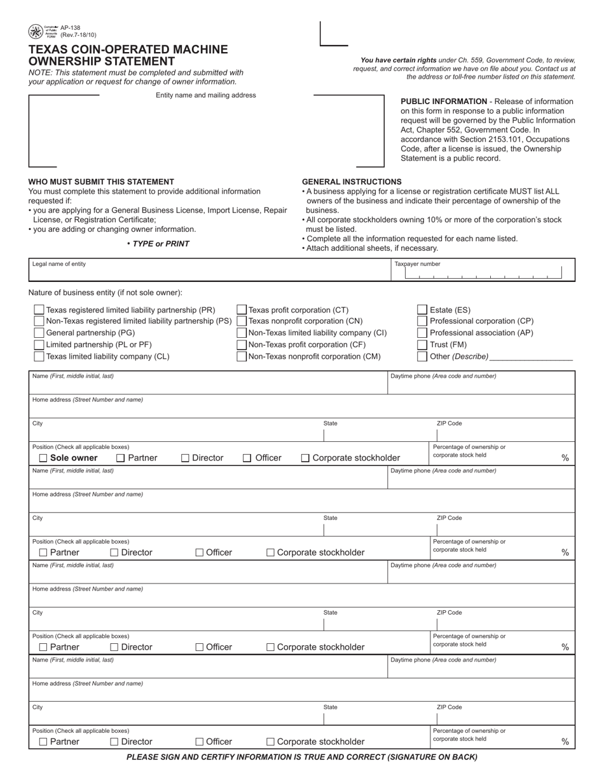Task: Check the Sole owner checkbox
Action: point(43,458)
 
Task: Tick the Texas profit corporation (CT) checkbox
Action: point(242,310)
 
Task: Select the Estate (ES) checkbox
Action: point(422,310)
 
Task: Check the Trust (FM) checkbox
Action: point(422,345)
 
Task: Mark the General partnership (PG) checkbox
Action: point(39,333)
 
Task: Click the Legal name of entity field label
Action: point(59,264)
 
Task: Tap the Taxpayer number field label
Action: point(417,264)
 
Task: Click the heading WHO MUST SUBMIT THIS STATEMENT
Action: point(101,182)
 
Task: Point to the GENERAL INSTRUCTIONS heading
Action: point(352,182)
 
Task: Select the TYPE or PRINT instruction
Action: point(158,244)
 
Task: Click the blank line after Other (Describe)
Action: point(532,357)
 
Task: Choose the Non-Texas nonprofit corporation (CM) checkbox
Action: point(242,356)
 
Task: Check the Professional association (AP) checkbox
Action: point(422,333)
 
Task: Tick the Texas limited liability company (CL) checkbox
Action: point(39,356)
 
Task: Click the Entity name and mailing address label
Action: point(206,95)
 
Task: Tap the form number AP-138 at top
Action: point(71,29)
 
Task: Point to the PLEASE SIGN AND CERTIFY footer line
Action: point(302,757)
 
